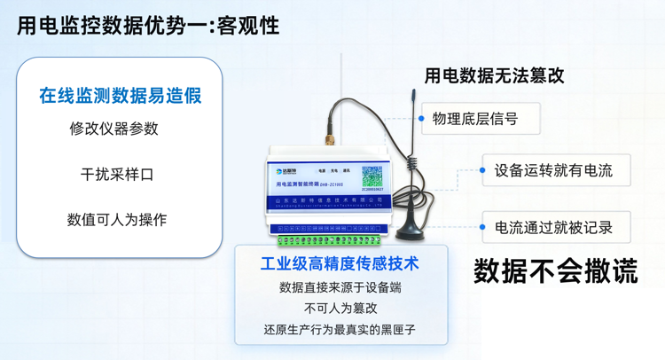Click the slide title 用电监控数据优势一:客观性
point(148,26)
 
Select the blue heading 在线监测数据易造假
point(120,95)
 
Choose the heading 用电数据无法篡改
point(494,76)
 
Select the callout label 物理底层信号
point(474,119)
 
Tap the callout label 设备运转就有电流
point(553,170)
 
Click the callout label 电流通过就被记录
point(553,228)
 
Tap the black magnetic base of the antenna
point(411,230)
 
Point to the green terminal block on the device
point(328,237)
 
